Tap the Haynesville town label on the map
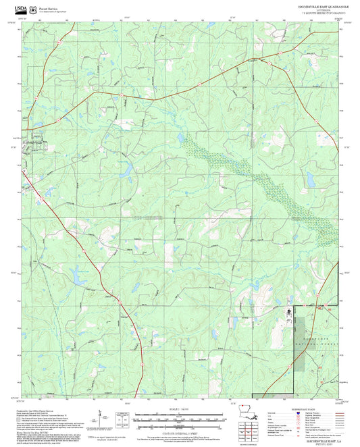pyautogui.click(x=34, y=142)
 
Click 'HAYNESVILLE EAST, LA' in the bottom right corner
pyautogui.click(x=317, y=439)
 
